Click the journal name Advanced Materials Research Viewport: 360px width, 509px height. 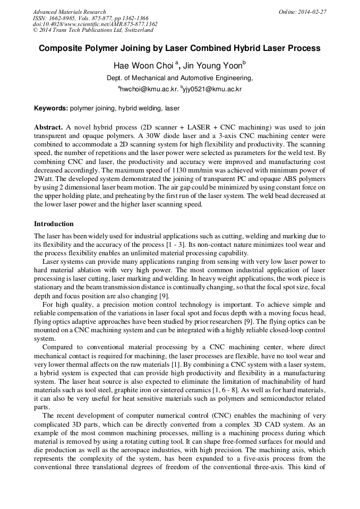(69, 12)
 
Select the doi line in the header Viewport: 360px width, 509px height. (95, 24)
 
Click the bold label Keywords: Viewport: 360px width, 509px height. (51, 108)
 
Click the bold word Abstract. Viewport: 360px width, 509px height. (48, 128)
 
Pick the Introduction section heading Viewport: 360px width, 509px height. (54, 224)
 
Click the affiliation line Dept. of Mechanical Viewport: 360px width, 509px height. (179, 78)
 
